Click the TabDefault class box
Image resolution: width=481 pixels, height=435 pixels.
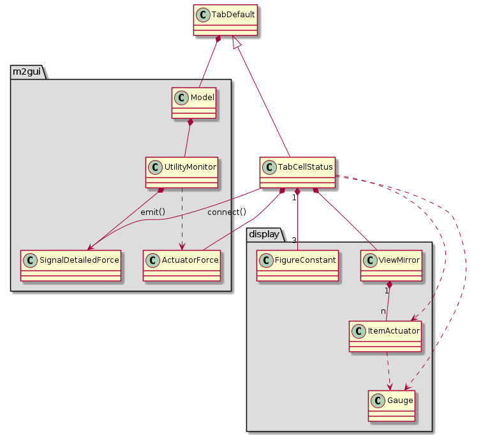(x=225, y=20)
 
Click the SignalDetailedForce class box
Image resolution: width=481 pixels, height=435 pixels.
(x=70, y=265)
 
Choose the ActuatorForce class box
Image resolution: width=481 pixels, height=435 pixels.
(x=182, y=265)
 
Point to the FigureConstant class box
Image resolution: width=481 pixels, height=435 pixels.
(x=297, y=265)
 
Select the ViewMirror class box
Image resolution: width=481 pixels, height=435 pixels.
(x=391, y=265)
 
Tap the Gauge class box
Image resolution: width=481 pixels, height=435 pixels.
(x=392, y=406)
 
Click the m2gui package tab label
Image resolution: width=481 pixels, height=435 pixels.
(x=26, y=71)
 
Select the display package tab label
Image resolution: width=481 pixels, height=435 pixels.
(x=263, y=235)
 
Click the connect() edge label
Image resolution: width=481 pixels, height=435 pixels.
(x=226, y=211)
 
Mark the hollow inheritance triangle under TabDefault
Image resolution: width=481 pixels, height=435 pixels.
(x=237, y=42)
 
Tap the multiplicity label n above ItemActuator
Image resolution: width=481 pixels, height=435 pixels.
(x=383, y=311)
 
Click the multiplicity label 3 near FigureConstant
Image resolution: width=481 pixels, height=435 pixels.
(x=295, y=240)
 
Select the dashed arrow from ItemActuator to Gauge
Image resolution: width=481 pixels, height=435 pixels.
(x=389, y=370)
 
